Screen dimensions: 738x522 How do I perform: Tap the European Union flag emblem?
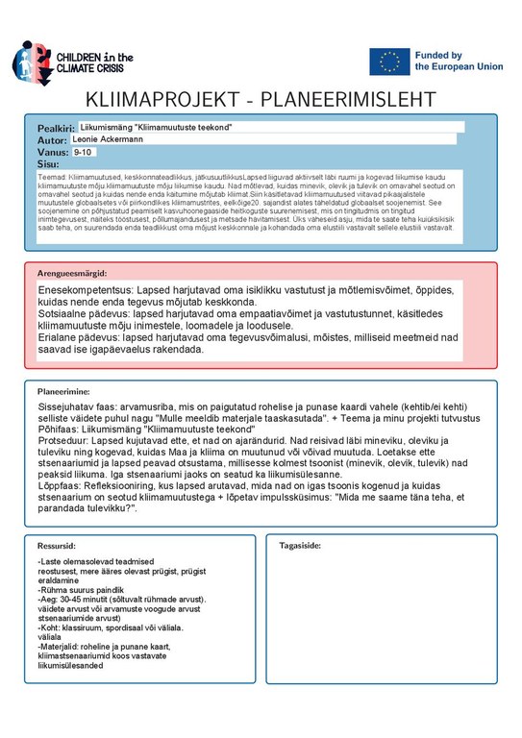389,61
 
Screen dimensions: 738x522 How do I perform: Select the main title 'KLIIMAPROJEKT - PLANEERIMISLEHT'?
261,101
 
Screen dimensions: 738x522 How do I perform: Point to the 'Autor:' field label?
52,140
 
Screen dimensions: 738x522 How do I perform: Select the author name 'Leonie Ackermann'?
107,139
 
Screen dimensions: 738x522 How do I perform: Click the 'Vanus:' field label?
53,153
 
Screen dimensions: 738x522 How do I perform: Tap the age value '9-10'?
83,152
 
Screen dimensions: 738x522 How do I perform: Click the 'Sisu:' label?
48,164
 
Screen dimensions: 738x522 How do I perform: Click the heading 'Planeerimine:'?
63,393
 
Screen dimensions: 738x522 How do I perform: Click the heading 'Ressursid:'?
56,546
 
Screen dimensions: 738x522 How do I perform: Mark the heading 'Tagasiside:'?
300,546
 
